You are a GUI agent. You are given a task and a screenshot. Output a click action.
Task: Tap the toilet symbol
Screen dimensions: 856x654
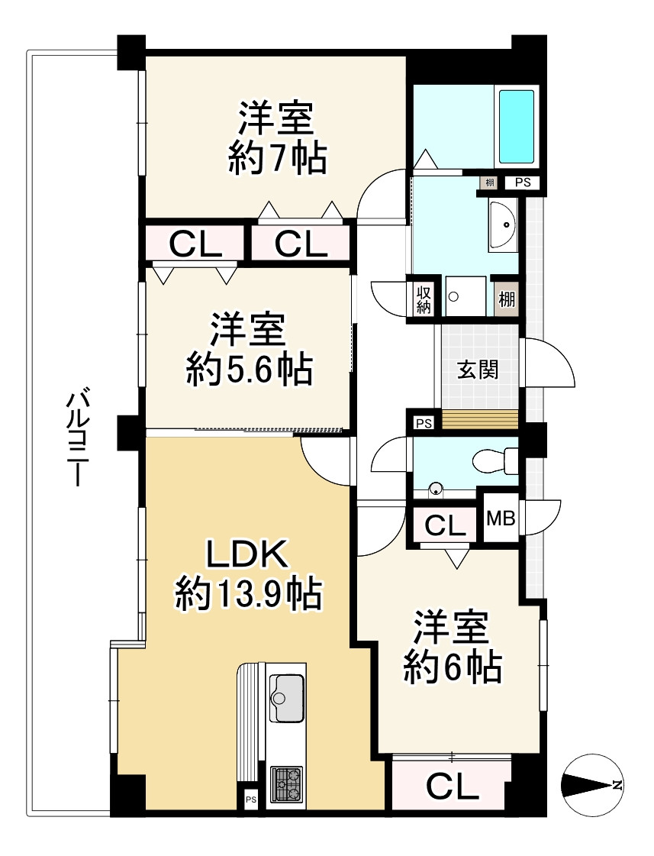click(495, 460)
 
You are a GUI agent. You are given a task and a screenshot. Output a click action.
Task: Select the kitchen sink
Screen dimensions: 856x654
click(287, 697)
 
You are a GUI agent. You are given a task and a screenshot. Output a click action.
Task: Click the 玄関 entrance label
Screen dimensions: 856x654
click(478, 370)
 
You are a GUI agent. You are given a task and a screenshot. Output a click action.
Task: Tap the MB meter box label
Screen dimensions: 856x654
click(501, 519)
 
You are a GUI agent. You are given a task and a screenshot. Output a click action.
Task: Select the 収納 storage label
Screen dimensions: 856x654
click(424, 299)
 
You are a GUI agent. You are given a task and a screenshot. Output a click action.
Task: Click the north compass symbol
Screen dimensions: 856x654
click(592, 785)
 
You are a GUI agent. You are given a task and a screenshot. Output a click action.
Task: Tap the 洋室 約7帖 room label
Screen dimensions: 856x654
click(277, 138)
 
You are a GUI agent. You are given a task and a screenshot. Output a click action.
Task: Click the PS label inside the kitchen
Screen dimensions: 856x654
click(250, 799)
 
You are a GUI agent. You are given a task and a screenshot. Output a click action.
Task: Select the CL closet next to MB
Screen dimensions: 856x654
click(445, 525)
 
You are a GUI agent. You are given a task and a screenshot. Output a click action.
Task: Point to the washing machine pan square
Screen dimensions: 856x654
click(463, 293)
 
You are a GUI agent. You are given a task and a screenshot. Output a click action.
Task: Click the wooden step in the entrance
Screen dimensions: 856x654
click(480, 419)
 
